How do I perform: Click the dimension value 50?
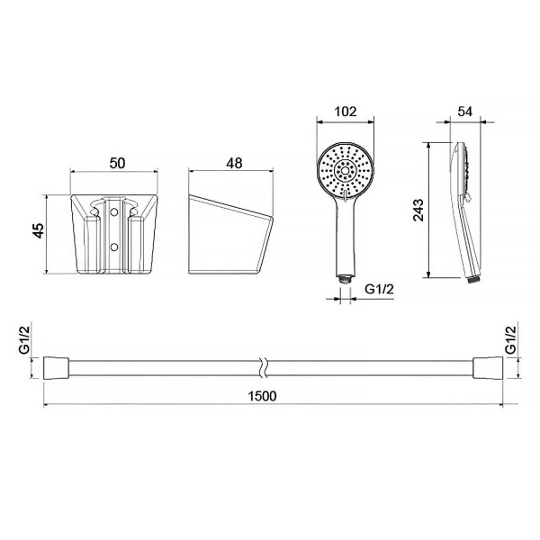(x=117, y=163)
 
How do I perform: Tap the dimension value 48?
(x=234, y=163)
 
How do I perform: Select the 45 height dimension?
(x=40, y=230)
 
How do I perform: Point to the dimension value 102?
(x=346, y=112)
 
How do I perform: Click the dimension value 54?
(x=465, y=112)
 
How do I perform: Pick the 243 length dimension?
(x=419, y=210)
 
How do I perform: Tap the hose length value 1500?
(x=263, y=396)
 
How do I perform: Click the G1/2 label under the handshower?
(x=379, y=289)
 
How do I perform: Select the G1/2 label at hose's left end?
(x=24, y=340)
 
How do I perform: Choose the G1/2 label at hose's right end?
(x=510, y=340)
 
